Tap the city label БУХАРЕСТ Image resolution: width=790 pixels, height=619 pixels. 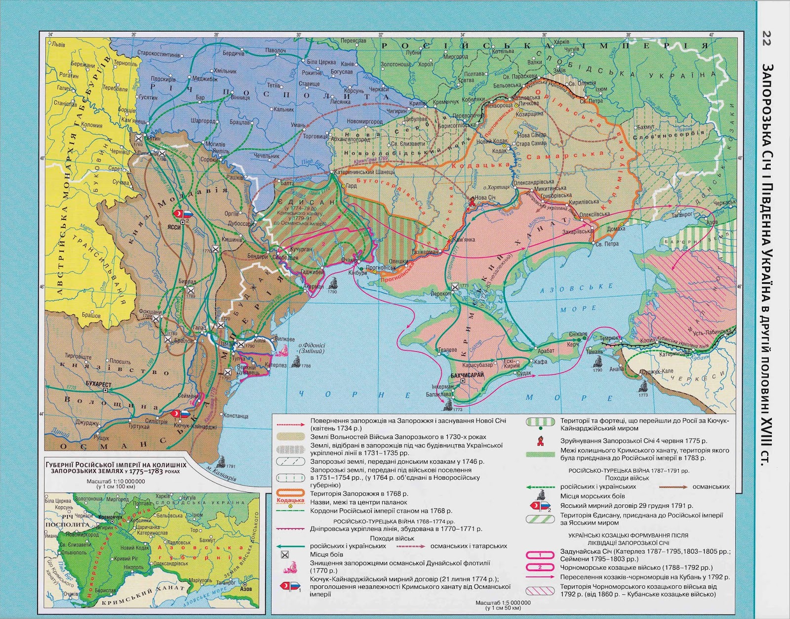click(98, 384)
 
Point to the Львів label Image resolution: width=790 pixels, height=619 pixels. click(58, 44)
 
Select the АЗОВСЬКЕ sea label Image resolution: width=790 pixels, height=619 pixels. click(576, 289)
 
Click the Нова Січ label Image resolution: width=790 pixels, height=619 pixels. click(485, 197)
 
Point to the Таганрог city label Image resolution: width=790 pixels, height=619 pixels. click(682, 214)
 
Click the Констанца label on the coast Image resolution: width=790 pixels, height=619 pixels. click(235, 415)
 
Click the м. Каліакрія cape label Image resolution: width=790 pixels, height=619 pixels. click(221, 477)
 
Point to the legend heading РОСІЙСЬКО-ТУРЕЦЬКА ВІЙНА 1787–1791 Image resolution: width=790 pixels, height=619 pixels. click(629, 470)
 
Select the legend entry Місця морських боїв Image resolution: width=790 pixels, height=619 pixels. click(585, 496)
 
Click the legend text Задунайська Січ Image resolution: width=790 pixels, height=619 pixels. click(584, 551)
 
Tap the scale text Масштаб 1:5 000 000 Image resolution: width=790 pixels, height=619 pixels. click(503, 602)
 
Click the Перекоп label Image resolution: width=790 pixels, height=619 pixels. click(440, 293)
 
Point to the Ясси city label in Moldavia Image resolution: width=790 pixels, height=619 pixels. click(174, 227)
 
